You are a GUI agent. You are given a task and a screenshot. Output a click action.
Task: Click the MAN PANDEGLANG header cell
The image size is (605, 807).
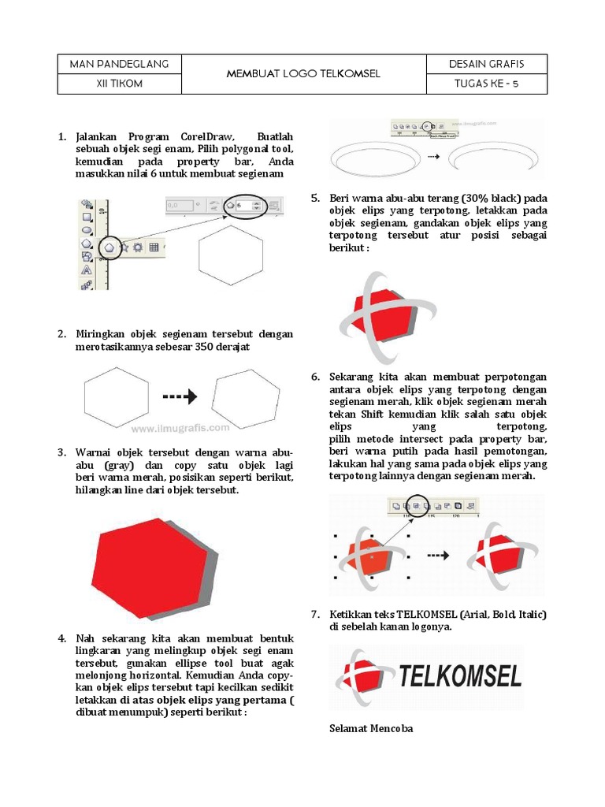119,64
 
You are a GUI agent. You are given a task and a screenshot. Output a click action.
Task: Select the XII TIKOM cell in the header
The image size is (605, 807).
119,84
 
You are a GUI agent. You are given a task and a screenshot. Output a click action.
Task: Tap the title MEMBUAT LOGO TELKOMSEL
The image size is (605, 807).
303,74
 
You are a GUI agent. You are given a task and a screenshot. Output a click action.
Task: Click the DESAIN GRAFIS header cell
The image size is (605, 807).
486,64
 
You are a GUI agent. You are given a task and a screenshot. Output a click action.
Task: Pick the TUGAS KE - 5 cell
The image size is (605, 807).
486,84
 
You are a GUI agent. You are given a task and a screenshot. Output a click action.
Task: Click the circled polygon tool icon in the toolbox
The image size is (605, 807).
109,247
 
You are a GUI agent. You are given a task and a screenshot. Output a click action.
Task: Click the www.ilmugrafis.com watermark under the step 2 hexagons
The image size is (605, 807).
180,430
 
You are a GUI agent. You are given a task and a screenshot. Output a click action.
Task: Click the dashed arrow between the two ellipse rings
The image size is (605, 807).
432,157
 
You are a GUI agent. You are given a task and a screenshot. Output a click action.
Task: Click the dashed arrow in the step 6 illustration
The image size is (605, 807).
437,555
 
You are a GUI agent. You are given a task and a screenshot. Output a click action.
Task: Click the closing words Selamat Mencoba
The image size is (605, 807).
370,728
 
